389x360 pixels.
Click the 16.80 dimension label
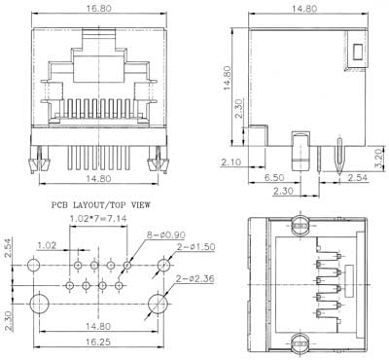pyautogui.click(x=99, y=9)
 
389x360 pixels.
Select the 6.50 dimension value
pyautogui.click(x=274, y=177)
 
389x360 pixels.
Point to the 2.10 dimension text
pyautogui.click(x=230, y=162)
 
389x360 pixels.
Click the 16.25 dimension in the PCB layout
pyautogui.click(x=97, y=342)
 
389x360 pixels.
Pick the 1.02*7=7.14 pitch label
pyautogui.click(x=98, y=219)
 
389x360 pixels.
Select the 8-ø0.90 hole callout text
pyautogui.click(x=165, y=234)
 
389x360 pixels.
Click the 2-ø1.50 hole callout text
pyautogui.click(x=195, y=247)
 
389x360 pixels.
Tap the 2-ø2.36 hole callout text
pyautogui.click(x=195, y=278)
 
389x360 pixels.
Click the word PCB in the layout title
pyautogui.click(x=59, y=205)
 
